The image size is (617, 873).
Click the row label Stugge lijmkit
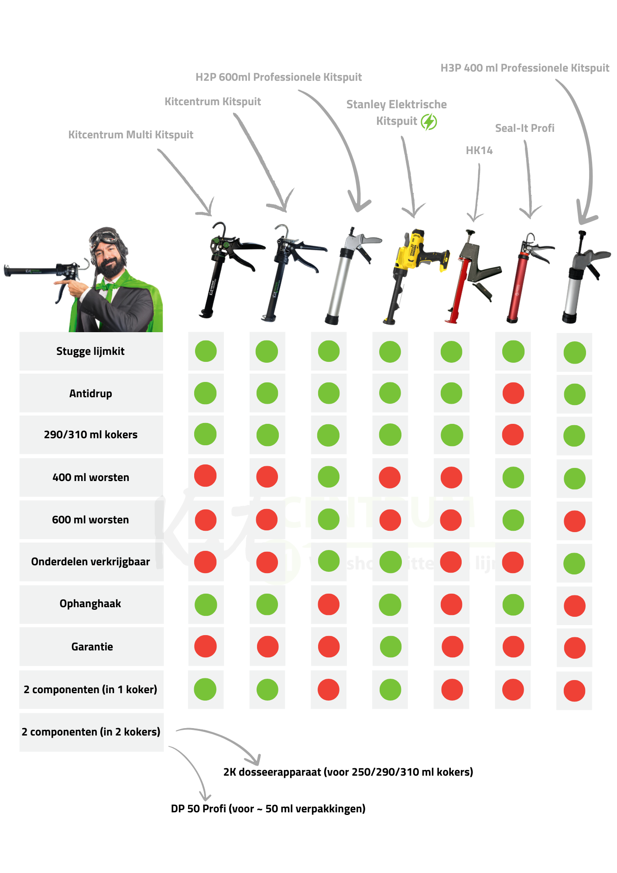[90, 351]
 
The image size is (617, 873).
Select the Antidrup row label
[90, 393]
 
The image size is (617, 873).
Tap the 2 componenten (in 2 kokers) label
[91, 732]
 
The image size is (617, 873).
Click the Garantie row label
[92, 646]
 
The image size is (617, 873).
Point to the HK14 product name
[479, 151]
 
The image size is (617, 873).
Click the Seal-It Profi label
[524, 128]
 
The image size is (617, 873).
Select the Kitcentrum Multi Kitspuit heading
[130, 135]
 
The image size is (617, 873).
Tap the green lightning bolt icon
[429, 122]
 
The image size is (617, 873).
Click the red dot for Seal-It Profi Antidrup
[513, 393]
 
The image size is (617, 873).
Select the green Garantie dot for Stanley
[390, 646]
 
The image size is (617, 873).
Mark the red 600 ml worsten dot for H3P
[574, 521]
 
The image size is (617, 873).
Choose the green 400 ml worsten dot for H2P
[329, 477]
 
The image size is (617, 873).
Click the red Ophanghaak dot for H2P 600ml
[329, 605]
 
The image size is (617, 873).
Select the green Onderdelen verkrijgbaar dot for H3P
[574, 564]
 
